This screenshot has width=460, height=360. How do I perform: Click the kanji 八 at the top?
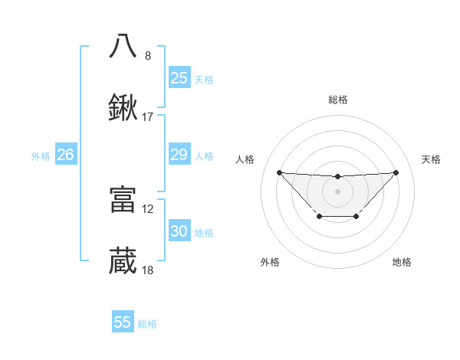(x=123, y=45)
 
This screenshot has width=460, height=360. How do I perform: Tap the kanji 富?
(x=123, y=200)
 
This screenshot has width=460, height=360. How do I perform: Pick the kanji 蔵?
(x=123, y=261)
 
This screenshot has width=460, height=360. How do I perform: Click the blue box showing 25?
(x=179, y=78)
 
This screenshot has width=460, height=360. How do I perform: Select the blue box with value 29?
(x=179, y=155)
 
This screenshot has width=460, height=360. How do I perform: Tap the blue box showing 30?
(x=179, y=231)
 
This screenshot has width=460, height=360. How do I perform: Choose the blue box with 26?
(x=66, y=155)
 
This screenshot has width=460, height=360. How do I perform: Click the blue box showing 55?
(x=123, y=322)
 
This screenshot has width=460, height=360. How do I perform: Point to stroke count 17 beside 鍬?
(x=148, y=117)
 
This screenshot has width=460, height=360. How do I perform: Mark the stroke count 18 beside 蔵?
(x=148, y=270)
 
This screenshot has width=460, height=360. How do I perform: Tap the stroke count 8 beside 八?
(x=148, y=56)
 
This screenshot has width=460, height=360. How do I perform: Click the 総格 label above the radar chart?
(x=338, y=100)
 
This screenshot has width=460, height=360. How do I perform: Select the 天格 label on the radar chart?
(x=431, y=159)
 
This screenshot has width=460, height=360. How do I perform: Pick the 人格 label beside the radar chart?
(x=245, y=159)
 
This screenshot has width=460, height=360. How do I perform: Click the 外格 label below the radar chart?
(x=270, y=262)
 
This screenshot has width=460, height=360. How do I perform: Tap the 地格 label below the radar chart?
(x=402, y=262)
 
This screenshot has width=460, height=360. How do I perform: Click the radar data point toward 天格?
(x=396, y=172)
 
